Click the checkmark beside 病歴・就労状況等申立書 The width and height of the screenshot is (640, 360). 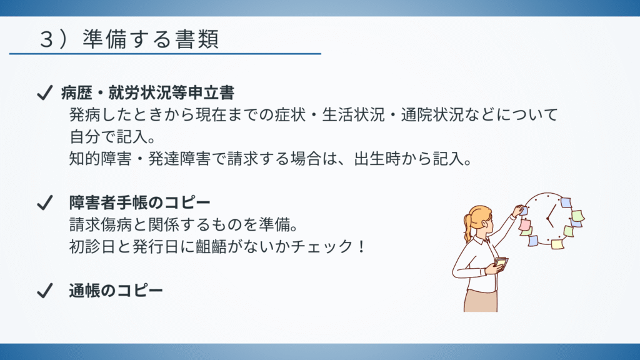pyautogui.click(x=44, y=92)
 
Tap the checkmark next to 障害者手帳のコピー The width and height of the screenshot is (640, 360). pyautogui.click(x=44, y=202)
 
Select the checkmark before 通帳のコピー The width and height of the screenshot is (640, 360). pyautogui.click(x=44, y=290)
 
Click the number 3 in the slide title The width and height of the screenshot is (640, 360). pyautogui.click(x=46, y=40)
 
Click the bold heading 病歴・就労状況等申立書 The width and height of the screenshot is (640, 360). pyautogui.click(x=147, y=92)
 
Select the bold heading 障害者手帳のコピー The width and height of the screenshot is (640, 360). pyautogui.click(x=139, y=202)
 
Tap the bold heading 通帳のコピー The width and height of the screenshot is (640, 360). pyautogui.click(x=116, y=291)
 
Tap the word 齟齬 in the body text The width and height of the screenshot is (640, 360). pyautogui.click(x=211, y=246)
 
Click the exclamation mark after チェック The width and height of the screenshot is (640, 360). pyautogui.click(x=361, y=246)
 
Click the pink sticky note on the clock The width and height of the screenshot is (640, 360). pyautogui.click(x=525, y=224)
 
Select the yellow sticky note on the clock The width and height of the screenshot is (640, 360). pyautogui.click(x=557, y=244)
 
